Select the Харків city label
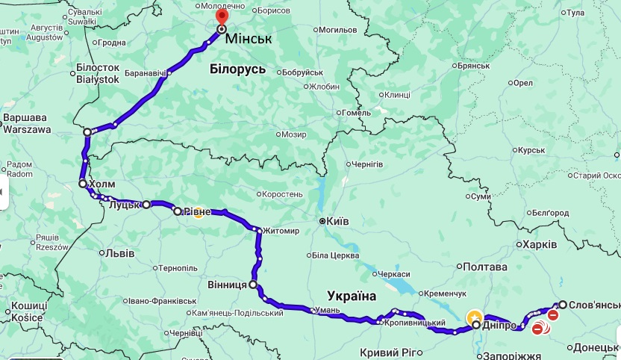point(538,245)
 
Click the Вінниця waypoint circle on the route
point(253,285)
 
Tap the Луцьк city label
point(124,205)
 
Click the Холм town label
point(102,184)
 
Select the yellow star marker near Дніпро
point(474,317)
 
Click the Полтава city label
point(485,267)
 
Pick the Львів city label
point(119,253)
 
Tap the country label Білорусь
point(237,69)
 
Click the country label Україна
point(352,295)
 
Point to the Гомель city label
point(357,113)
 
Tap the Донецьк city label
point(596,347)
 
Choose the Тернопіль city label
point(177,267)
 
